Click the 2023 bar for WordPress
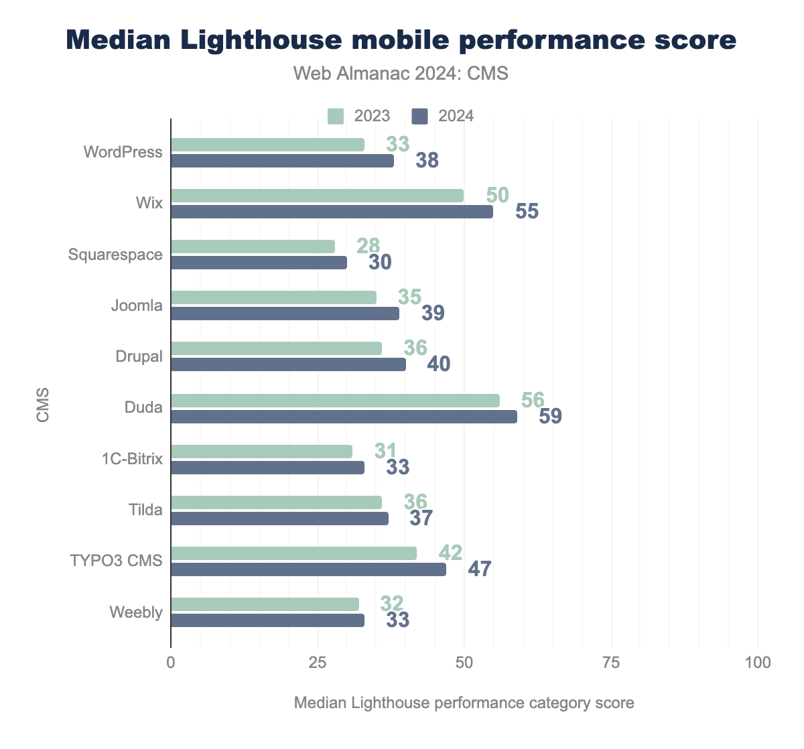click(x=267, y=145)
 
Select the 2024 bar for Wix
click(x=332, y=212)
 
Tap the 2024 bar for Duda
click(x=344, y=417)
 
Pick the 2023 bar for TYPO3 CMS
click(x=293, y=553)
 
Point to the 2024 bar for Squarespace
click(x=259, y=263)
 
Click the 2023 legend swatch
click(x=336, y=116)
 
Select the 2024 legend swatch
click(x=419, y=116)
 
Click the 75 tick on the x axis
click(x=611, y=663)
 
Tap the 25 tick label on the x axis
click(x=318, y=663)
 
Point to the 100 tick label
click(x=757, y=663)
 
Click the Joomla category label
click(x=137, y=305)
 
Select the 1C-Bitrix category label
click(x=132, y=459)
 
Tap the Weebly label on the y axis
click(x=136, y=612)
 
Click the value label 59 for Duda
click(x=550, y=417)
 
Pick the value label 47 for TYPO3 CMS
click(x=479, y=569)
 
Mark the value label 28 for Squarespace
click(x=368, y=246)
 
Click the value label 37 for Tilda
click(x=421, y=518)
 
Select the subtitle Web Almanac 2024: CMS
click(x=401, y=74)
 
